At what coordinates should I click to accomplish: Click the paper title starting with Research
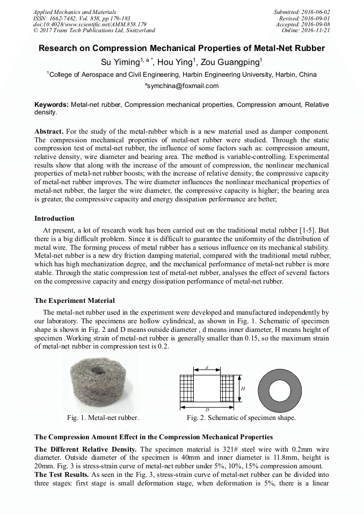click(x=181, y=48)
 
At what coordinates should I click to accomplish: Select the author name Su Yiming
click(x=123, y=61)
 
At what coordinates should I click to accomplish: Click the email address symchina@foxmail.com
click(x=183, y=86)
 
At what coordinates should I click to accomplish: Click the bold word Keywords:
click(x=52, y=105)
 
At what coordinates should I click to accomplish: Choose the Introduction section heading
click(x=54, y=219)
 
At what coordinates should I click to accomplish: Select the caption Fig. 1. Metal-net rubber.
click(x=103, y=417)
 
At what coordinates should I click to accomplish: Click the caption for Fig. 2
click(x=241, y=417)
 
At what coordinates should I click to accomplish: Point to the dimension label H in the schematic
click(x=243, y=388)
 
